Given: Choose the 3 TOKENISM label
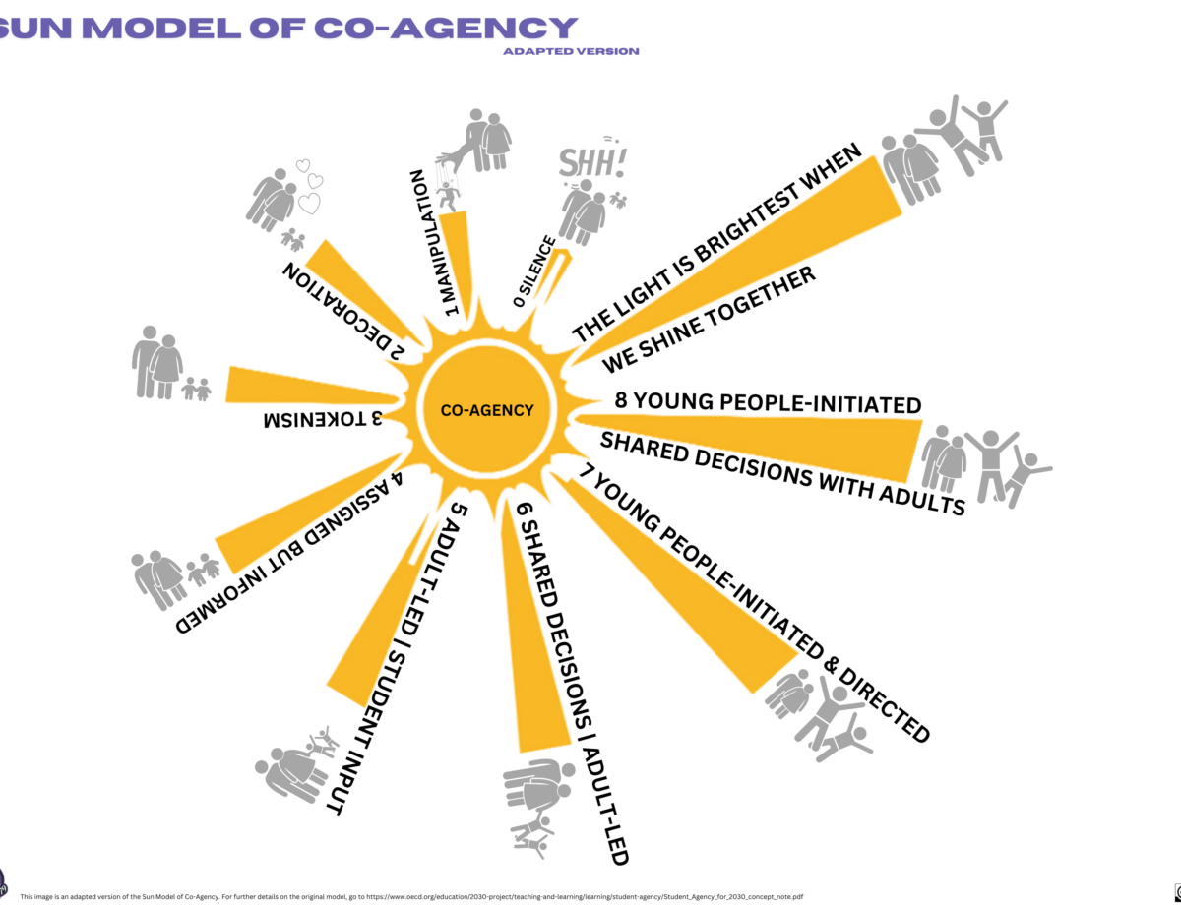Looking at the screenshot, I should tap(322, 419).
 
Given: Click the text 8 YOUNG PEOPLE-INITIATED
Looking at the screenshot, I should tap(768, 403).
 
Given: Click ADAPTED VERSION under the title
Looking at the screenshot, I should tap(570, 51).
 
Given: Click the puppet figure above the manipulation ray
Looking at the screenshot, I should tap(449, 193).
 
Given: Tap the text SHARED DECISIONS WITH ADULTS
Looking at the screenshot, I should tap(782, 472).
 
